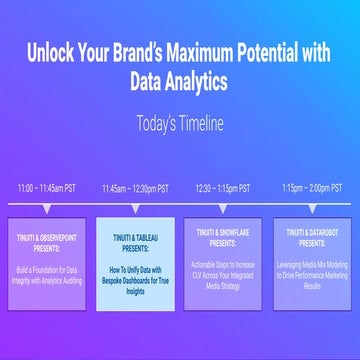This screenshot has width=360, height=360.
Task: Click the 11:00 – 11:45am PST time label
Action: [47, 187]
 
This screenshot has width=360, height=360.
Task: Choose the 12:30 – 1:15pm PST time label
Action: [223, 187]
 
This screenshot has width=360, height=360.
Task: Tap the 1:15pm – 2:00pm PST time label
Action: [311, 187]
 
